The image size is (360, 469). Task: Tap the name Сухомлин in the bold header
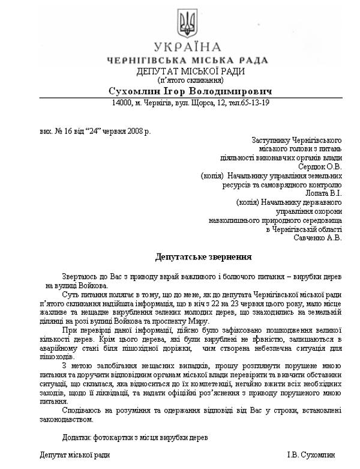click(x=134, y=91)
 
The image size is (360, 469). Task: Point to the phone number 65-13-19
click(x=254, y=103)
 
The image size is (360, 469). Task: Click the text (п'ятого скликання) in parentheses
click(x=190, y=80)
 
